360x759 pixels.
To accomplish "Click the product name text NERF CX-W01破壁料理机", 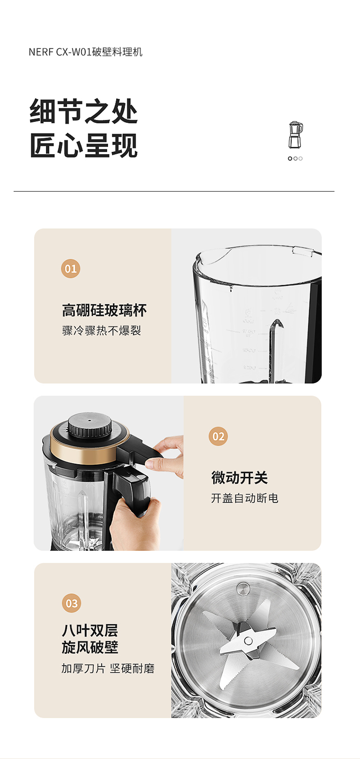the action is click(x=85, y=52).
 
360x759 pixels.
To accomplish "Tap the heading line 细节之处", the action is click(x=84, y=111).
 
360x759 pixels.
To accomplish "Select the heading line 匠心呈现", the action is click(x=84, y=145).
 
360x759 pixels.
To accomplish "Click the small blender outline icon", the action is click(x=295, y=134).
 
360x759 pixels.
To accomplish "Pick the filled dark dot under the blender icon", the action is click(x=290, y=158).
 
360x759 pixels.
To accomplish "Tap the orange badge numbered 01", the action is click(x=71, y=269).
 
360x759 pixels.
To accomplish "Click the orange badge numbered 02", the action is click(x=218, y=436).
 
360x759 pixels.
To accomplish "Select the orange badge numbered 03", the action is click(x=72, y=603).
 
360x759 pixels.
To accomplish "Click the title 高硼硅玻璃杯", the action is click(x=104, y=311).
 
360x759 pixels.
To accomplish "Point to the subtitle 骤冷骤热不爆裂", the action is click(x=102, y=330).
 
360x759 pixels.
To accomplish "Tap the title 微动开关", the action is click(x=240, y=478).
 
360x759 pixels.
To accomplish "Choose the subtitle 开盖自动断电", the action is click(x=244, y=498).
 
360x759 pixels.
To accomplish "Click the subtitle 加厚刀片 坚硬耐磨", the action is click(x=108, y=669).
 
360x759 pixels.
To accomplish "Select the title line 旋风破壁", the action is click(x=90, y=647).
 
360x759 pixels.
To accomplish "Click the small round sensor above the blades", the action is click(x=242, y=588).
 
